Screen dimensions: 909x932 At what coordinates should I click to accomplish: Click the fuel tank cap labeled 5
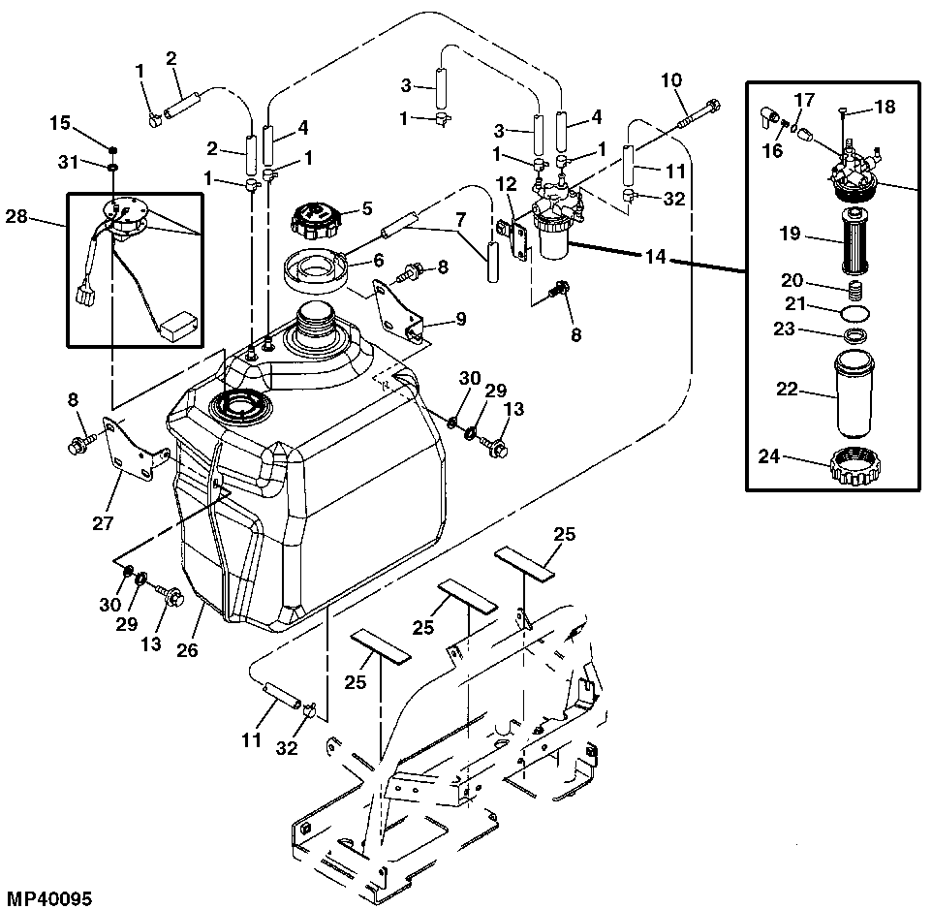coord(314,220)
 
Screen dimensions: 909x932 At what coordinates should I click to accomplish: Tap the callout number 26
coord(187,650)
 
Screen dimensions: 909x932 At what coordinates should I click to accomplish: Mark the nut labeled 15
coord(113,150)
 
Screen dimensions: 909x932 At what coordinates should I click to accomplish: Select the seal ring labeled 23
coord(852,336)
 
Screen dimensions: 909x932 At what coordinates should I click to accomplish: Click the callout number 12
coord(507,183)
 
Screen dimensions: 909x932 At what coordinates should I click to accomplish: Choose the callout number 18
coord(884,107)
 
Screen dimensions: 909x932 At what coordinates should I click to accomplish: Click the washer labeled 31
coord(113,168)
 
